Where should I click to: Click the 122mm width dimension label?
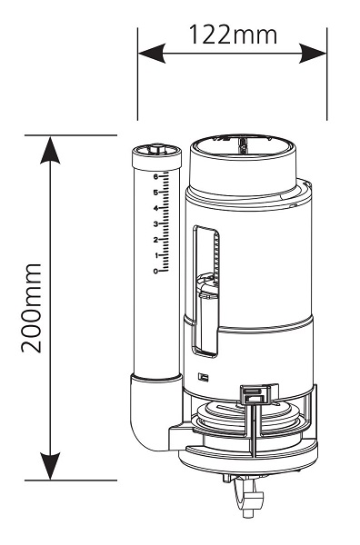click(233, 35)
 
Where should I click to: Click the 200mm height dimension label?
click(31, 308)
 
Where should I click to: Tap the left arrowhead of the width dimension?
click(152, 54)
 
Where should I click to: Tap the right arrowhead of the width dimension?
click(313, 54)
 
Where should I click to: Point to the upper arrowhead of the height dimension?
click(50, 150)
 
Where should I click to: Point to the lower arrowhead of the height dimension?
click(50, 466)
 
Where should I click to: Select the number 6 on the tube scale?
click(155, 176)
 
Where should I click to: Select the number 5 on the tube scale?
click(155, 193)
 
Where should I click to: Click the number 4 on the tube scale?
click(155, 208)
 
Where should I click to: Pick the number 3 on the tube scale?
click(155, 223)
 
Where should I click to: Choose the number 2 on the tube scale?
click(155, 240)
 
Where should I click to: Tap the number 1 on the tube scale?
click(156, 255)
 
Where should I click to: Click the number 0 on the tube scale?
click(155, 271)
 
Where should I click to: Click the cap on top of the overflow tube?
click(157, 157)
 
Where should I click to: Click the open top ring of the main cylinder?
click(243, 146)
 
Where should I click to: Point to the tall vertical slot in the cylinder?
click(205, 292)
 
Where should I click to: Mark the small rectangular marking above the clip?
click(203, 376)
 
